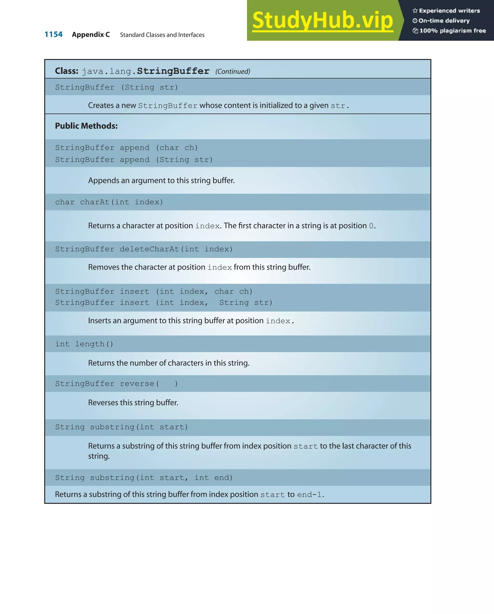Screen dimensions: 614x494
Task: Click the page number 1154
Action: pos(54,34)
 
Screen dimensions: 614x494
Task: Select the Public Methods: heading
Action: pos(86,126)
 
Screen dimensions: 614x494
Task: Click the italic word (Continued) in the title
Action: pos(233,71)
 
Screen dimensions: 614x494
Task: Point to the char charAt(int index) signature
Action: pos(109,202)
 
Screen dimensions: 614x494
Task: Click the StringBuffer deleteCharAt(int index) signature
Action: pos(144,249)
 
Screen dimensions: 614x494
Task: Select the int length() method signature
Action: pos(84,344)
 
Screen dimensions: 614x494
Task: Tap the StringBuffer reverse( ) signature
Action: pos(117,384)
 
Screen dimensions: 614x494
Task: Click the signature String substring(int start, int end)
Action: pos(144,478)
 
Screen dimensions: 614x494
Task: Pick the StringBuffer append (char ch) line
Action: pos(126,148)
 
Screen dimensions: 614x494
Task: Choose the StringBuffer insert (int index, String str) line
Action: pos(164,303)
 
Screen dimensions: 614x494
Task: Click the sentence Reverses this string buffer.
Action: pos(133,403)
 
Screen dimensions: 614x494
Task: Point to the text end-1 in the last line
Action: pos(309,495)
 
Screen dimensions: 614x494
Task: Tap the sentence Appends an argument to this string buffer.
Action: pos(161,180)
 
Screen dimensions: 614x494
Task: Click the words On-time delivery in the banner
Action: pos(444,21)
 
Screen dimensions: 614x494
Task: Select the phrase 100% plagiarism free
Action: pos(453,31)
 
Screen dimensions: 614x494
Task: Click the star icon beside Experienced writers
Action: pos(415,11)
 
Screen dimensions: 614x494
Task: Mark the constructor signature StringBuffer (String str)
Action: pos(117,87)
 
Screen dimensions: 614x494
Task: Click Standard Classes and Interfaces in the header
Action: pos(162,35)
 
